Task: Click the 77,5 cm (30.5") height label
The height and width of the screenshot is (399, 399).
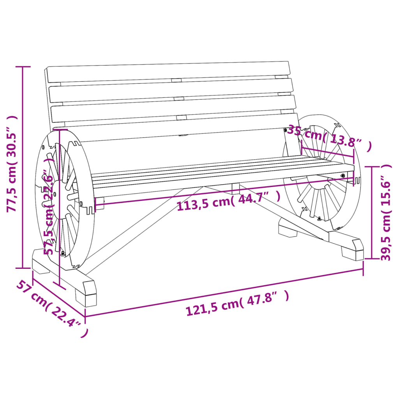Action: pos(12,164)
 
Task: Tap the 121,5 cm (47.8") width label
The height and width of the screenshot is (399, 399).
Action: pos(237,303)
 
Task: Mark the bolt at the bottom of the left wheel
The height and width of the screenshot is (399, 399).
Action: pos(62,254)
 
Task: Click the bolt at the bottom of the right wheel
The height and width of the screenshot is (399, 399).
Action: pos(320,218)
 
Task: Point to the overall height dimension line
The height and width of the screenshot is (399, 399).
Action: pos(23,168)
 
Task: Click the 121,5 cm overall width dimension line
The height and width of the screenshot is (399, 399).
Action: pos(224,291)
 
